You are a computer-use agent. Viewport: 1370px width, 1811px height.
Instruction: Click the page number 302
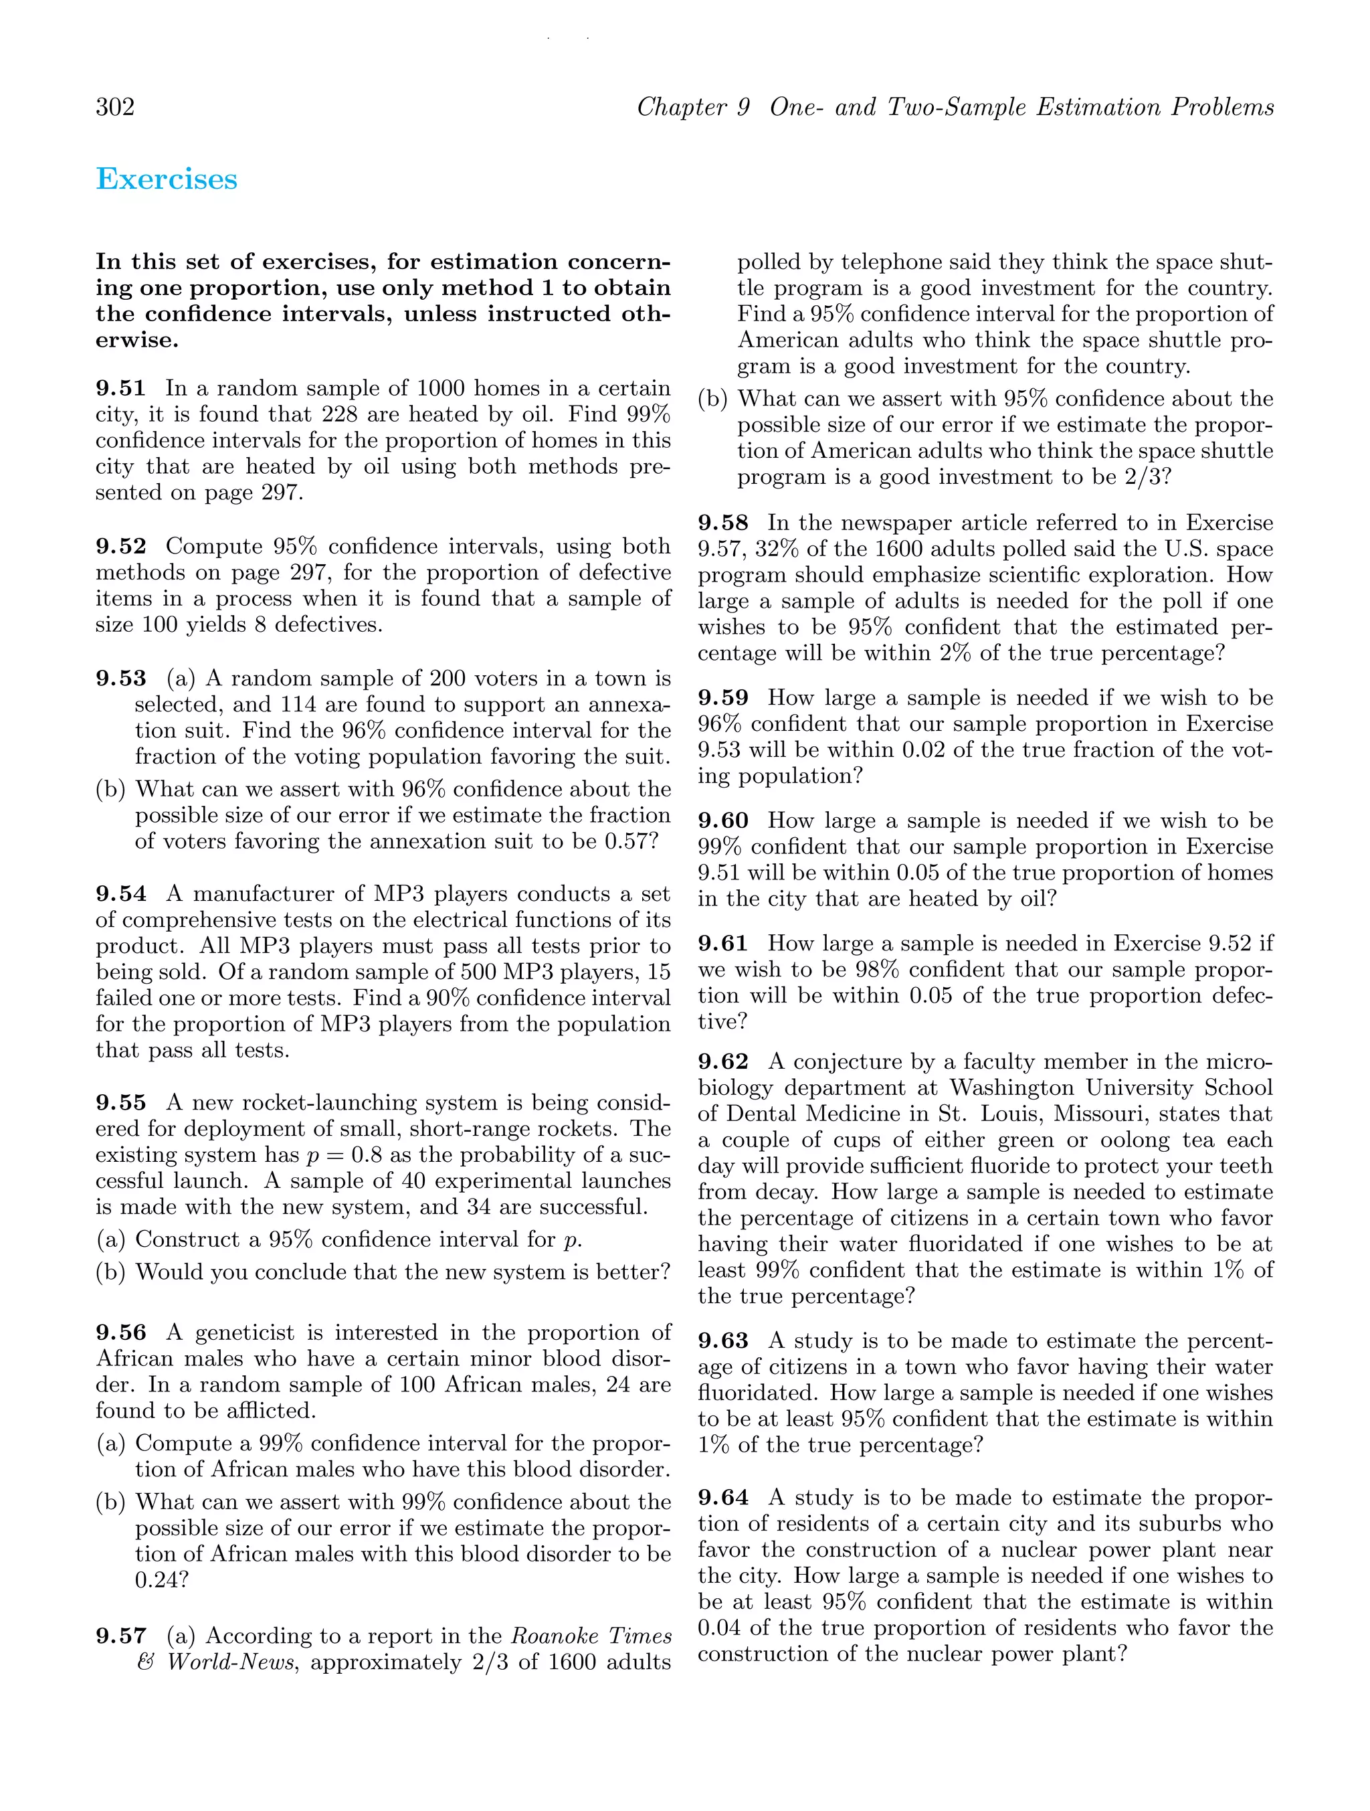[x=116, y=107]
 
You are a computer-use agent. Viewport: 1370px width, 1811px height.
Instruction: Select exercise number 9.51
[x=120, y=388]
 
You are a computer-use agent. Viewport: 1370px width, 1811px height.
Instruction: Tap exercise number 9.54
[x=120, y=894]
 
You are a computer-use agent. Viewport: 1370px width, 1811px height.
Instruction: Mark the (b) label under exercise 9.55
[x=110, y=1272]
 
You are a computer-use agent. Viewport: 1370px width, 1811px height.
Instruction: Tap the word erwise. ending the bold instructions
[x=136, y=341]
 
